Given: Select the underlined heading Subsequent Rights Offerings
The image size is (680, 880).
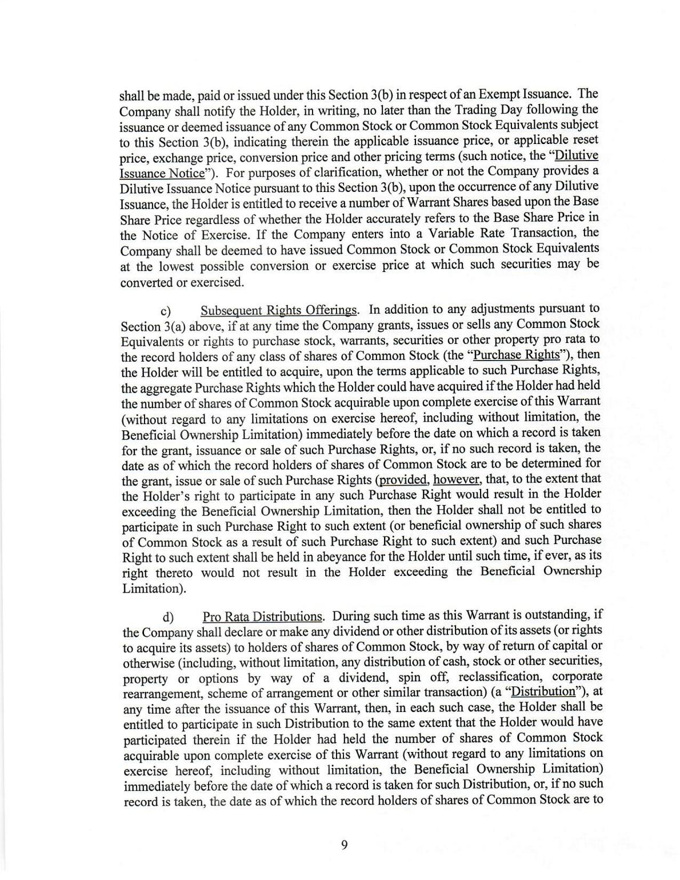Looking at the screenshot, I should [279, 310].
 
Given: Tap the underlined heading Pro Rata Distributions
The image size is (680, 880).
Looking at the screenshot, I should [263, 617].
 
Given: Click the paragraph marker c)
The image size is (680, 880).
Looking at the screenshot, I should [166, 311].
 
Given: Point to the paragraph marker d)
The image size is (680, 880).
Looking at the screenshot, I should [168, 618].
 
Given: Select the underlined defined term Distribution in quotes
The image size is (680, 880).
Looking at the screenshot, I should [543, 692].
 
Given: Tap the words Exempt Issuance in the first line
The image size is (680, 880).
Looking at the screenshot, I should [526, 94].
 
